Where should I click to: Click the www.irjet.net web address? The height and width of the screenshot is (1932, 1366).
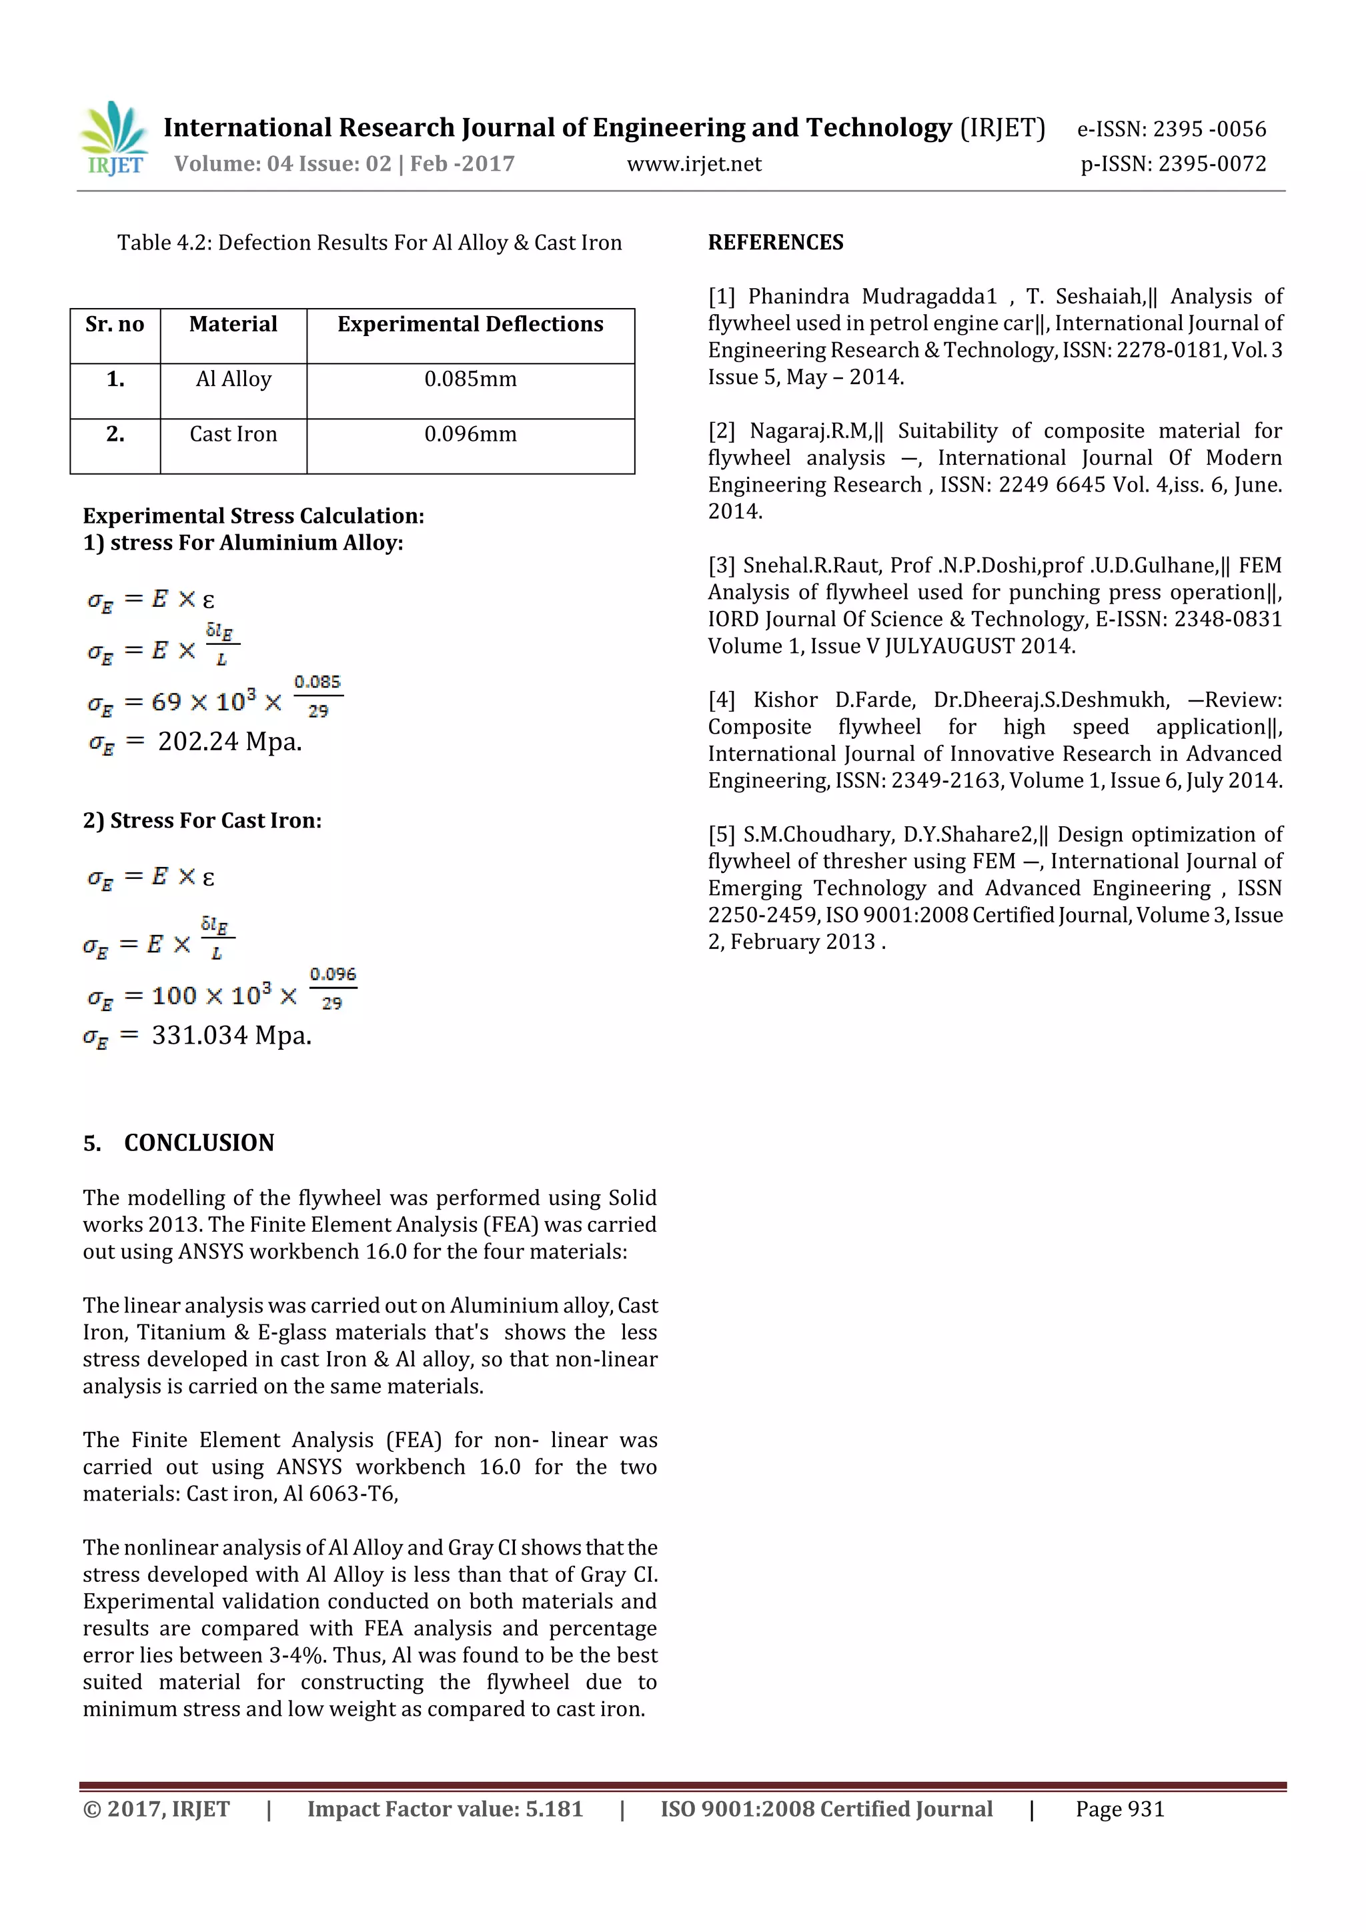click(x=694, y=164)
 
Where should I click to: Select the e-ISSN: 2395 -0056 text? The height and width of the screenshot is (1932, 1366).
click(x=1171, y=129)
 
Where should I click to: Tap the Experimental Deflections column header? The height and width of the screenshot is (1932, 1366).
click(x=470, y=325)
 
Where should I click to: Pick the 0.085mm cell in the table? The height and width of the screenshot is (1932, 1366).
click(x=470, y=379)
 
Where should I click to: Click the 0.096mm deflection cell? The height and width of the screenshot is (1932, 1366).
click(x=470, y=434)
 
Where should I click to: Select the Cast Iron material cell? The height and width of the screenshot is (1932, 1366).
click(x=233, y=434)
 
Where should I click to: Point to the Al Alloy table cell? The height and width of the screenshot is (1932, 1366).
click(x=233, y=379)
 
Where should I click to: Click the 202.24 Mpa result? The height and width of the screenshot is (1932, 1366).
click(x=229, y=742)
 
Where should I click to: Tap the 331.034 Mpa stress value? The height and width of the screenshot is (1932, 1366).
click(x=231, y=1035)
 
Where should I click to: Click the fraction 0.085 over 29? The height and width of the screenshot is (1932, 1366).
click(x=317, y=696)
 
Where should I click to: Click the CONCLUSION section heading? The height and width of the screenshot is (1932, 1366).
click(x=199, y=1142)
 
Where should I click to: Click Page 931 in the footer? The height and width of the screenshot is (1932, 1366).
click(x=1119, y=1809)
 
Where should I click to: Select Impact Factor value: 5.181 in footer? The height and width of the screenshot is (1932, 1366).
click(x=444, y=1809)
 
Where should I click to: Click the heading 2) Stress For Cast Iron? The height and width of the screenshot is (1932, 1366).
click(x=202, y=820)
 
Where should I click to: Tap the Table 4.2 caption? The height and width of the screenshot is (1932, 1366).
click(x=370, y=243)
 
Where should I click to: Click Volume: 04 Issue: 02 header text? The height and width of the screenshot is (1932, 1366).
click(x=344, y=164)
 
